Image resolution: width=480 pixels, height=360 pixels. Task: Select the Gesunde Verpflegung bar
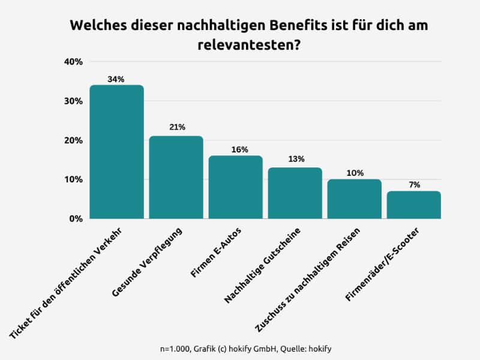(176, 178)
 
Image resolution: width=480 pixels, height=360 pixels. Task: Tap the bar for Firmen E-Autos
(235, 187)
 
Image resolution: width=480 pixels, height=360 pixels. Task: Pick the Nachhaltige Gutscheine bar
(295, 193)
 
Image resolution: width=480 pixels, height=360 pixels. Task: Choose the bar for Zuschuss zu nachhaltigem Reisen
(354, 199)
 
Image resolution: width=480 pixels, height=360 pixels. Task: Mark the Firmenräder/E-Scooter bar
(413, 205)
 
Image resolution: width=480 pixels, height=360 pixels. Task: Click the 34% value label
(116, 79)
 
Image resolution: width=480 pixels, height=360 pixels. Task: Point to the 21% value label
(176, 127)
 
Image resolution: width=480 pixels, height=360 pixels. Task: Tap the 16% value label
(236, 148)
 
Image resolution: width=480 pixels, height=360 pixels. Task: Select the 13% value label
(295, 159)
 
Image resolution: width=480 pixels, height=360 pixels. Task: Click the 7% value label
(414, 185)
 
